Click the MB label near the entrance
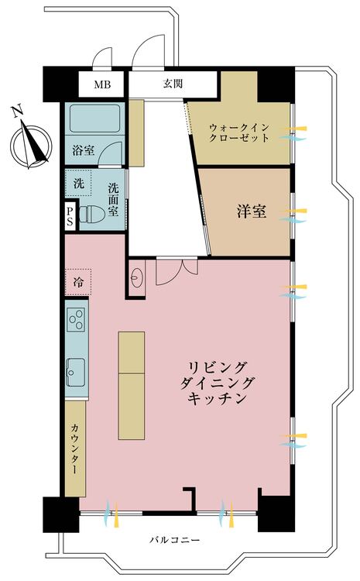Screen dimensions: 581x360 point(102,84)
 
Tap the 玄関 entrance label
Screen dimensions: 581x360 point(172,84)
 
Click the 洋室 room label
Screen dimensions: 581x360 point(251,210)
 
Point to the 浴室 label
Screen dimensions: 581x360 point(84,150)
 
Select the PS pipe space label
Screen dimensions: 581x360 point(70,215)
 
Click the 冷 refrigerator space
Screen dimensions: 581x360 point(78,280)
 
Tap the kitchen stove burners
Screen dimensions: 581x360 point(77,318)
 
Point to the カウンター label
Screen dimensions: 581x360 point(75,447)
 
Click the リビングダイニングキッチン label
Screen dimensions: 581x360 point(218,383)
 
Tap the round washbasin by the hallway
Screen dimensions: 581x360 point(138,277)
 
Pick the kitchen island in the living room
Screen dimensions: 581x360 point(132,385)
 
